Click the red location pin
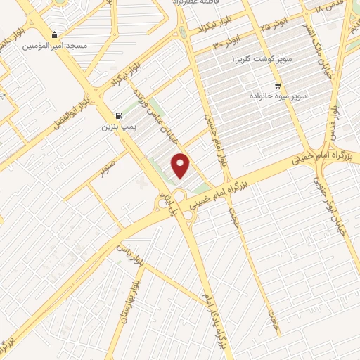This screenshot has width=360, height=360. (181, 165)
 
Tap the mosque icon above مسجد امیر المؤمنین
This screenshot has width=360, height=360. (55, 34)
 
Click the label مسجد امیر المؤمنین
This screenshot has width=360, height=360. (56, 46)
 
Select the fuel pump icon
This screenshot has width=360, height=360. (118, 116)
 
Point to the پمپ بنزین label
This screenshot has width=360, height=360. (117, 127)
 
